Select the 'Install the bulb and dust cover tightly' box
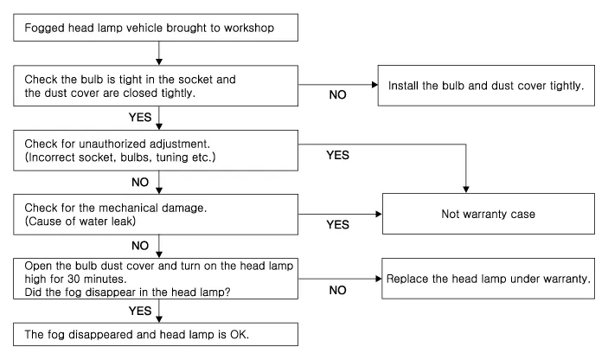click(490, 87)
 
